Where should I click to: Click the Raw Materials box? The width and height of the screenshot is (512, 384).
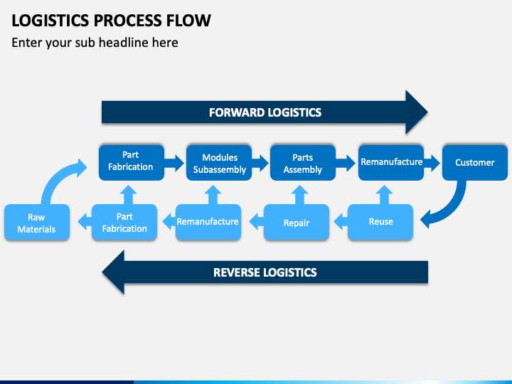tap(37, 222)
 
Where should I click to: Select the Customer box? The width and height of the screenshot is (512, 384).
tap(475, 163)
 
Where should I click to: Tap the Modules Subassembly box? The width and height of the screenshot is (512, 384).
tap(219, 163)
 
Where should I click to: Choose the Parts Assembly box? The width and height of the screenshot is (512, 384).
tap(303, 163)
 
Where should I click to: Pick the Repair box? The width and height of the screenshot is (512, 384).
tap(296, 222)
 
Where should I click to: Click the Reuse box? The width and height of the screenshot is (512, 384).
tap(380, 222)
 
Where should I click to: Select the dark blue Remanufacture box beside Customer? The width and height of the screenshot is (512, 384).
tap(391, 163)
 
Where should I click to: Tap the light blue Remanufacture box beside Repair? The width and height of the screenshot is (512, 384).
tap(208, 222)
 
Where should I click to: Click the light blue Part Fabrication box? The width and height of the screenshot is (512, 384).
tap(124, 222)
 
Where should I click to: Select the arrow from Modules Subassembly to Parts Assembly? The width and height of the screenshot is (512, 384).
tap(260, 163)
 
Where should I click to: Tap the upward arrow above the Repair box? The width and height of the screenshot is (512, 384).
tap(299, 195)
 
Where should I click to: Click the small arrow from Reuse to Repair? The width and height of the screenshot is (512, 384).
tap(341, 222)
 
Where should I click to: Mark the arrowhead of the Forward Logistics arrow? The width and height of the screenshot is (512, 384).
tap(416, 112)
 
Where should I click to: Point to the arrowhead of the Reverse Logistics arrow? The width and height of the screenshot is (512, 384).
tap(114, 272)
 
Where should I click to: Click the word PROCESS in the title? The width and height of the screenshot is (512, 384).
tap(128, 21)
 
